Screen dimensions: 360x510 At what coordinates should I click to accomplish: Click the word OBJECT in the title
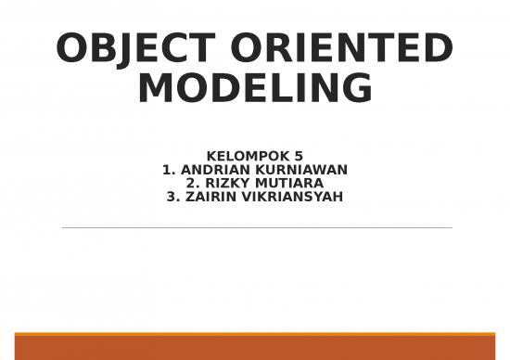point(136,49)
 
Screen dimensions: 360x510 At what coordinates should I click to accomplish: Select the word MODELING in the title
point(255,89)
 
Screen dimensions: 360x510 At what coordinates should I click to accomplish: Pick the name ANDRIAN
point(212,170)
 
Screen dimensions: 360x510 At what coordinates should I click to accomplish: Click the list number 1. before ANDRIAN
point(168,170)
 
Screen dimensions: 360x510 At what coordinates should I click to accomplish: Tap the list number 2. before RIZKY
point(193,183)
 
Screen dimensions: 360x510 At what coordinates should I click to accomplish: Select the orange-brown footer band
point(255,346)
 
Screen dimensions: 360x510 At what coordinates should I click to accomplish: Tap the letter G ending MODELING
point(357,89)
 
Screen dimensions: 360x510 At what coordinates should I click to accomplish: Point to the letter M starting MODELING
point(155,89)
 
